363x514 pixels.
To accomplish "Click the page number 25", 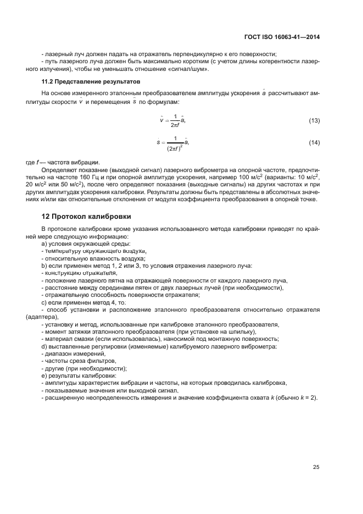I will pos(316,467).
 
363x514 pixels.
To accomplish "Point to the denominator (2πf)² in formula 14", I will pos(175,147).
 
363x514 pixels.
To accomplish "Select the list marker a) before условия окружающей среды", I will pos(44,244).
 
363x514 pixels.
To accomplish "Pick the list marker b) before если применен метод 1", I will pos(44,266).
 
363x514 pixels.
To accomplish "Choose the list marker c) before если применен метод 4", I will pos(44,302).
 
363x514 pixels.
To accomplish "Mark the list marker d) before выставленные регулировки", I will pos(44,346).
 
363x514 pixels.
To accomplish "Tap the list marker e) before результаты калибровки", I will pos(44,375).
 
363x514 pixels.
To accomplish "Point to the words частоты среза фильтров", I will pos(80,361).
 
